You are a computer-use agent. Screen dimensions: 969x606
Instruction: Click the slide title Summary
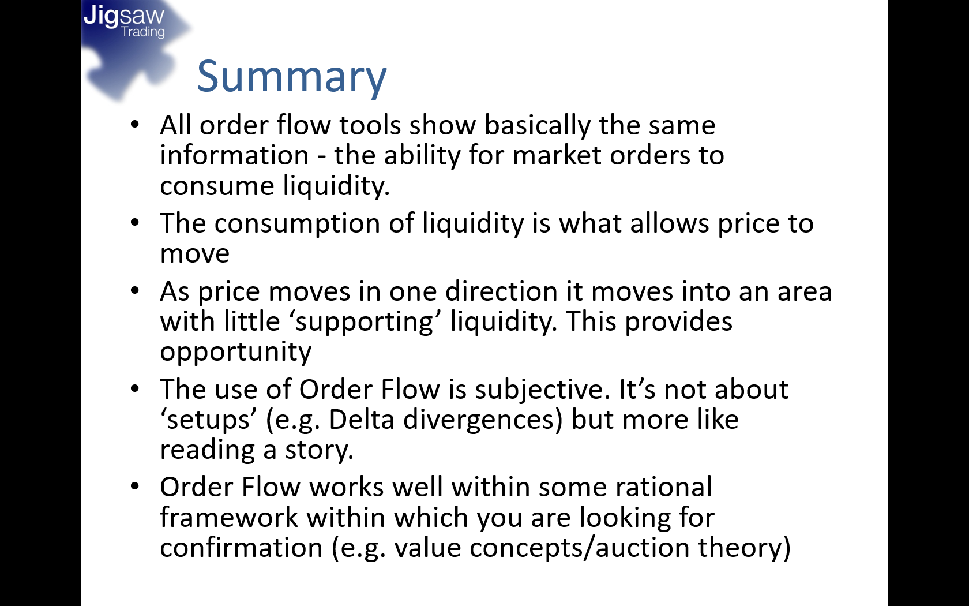[292, 78]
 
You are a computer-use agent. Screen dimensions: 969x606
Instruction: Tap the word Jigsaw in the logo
[124, 16]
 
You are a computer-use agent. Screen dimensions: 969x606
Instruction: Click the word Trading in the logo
[143, 32]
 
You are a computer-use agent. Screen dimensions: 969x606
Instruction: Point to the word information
[234, 155]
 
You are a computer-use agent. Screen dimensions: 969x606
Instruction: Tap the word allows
[670, 223]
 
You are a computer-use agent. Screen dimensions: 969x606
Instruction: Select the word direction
[501, 291]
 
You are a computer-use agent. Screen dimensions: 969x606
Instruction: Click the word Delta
[362, 420]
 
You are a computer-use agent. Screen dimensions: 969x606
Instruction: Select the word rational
[663, 487]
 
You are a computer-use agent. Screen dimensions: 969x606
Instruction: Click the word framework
[230, 517]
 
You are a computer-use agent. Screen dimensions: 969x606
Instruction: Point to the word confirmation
[241, 548]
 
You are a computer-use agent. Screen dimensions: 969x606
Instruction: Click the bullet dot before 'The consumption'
[135, 223]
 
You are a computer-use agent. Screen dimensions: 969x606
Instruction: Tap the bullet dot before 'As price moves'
[135, 290]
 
